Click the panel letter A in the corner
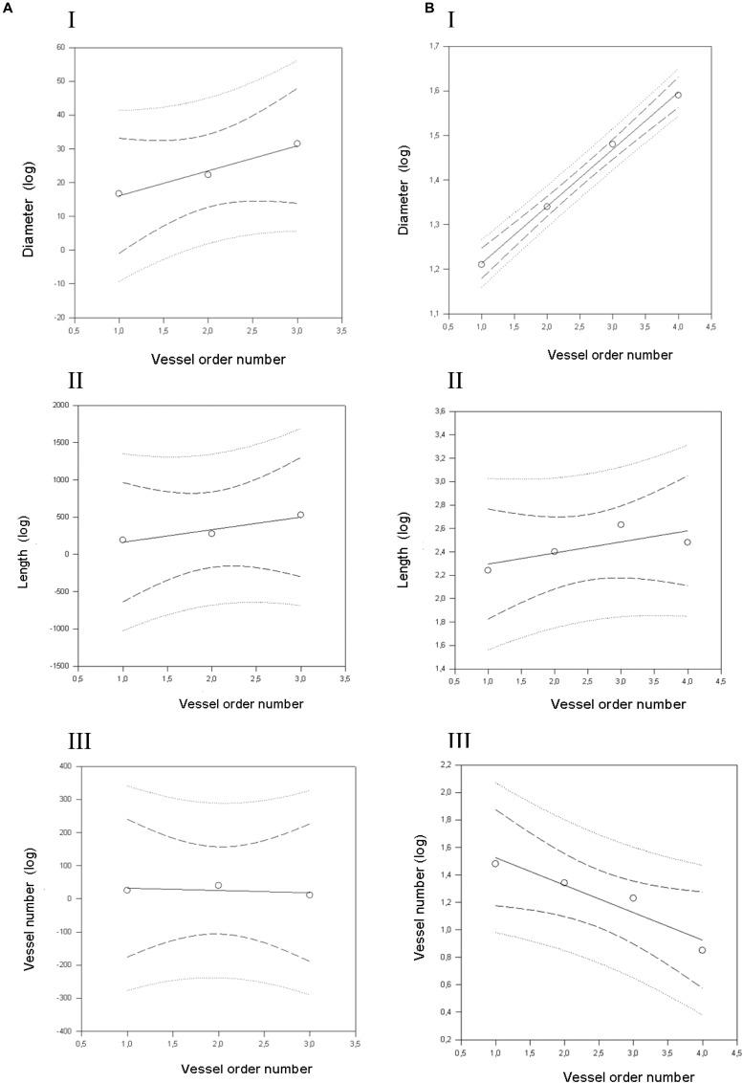tap(8, 8)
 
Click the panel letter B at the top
tap(377, 8)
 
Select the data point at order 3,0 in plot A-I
tap(296, 144)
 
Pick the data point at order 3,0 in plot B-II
tap(621, 524)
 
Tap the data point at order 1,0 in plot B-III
tap(495, 863)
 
